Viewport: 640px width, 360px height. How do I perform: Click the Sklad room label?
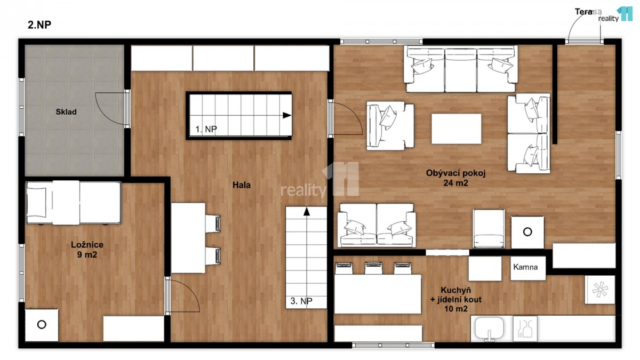coord(66,111)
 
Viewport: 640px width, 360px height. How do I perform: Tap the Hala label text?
coord(242,185)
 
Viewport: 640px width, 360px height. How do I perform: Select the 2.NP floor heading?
coord(39,25)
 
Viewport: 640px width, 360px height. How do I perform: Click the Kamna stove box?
coord(528,268)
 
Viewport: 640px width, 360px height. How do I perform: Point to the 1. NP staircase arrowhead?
coord(287,115)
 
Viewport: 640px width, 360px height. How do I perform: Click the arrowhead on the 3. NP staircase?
coord(307,211)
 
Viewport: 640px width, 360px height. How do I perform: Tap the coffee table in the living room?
coord(457,129)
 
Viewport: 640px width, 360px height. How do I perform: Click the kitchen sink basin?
coord(489,327)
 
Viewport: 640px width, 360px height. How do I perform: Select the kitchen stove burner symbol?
coord(599,290)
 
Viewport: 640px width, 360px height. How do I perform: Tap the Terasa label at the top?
coord(588,12)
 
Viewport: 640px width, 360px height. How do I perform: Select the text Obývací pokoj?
coord(455,173)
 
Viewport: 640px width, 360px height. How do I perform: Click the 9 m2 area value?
coord(87,254)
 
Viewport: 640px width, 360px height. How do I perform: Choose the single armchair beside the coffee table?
coord(390,126)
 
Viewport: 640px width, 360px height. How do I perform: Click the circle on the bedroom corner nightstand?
coord(42,325)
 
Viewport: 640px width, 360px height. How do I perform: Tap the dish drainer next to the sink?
coord(525,329)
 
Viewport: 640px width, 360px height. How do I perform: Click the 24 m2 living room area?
coord(455,183)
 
